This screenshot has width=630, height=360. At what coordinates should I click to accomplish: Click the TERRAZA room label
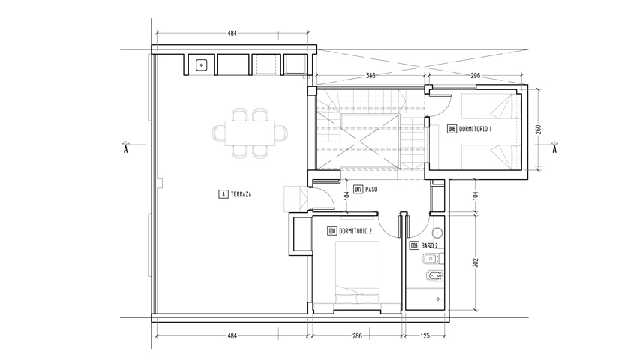241,194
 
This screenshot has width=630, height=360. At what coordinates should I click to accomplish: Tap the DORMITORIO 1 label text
475,129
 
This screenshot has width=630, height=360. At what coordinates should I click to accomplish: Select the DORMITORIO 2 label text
355,231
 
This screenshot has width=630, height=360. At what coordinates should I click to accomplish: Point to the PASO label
371,189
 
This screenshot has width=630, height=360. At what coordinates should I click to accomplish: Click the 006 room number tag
452,129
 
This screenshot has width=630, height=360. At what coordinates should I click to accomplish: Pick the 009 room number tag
414,245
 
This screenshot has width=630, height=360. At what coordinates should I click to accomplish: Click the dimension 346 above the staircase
370,75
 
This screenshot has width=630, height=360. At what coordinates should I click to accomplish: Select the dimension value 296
475,75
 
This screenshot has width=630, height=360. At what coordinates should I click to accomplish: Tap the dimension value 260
538,130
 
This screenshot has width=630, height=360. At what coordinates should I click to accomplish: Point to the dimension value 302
475,262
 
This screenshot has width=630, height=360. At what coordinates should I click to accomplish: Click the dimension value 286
357,335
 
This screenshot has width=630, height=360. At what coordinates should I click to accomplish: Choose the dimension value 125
424,335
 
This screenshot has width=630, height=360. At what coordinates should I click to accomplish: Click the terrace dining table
250,133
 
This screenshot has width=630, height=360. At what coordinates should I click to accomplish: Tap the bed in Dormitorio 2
358,272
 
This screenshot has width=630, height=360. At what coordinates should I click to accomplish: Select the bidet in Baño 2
434,276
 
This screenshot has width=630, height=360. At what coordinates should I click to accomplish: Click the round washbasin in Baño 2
437,232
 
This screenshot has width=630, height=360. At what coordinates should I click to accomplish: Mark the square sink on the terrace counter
201,64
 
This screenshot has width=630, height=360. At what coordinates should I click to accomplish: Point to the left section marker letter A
126,150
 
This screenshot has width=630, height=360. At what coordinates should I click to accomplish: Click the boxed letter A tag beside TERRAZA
223,194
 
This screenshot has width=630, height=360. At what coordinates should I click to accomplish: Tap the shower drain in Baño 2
437,299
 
